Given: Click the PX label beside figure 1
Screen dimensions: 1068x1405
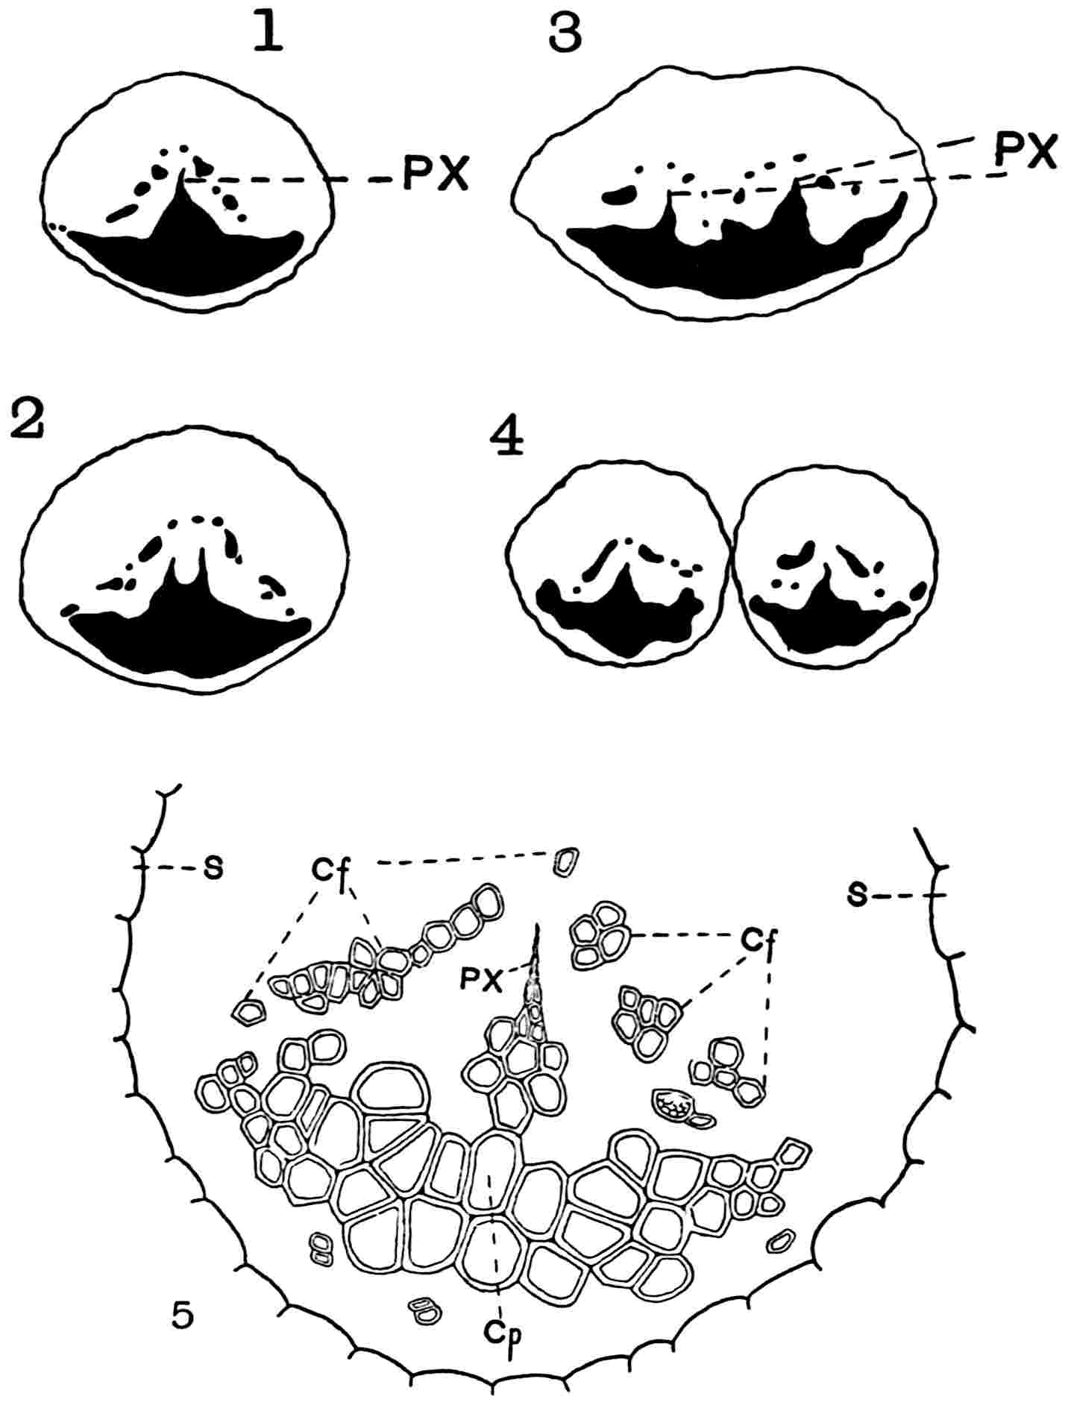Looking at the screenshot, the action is [436, 176].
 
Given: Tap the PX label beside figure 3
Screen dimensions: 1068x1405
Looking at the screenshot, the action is [1026, 153].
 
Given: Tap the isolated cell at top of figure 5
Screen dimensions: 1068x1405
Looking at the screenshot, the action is [566, 861].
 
